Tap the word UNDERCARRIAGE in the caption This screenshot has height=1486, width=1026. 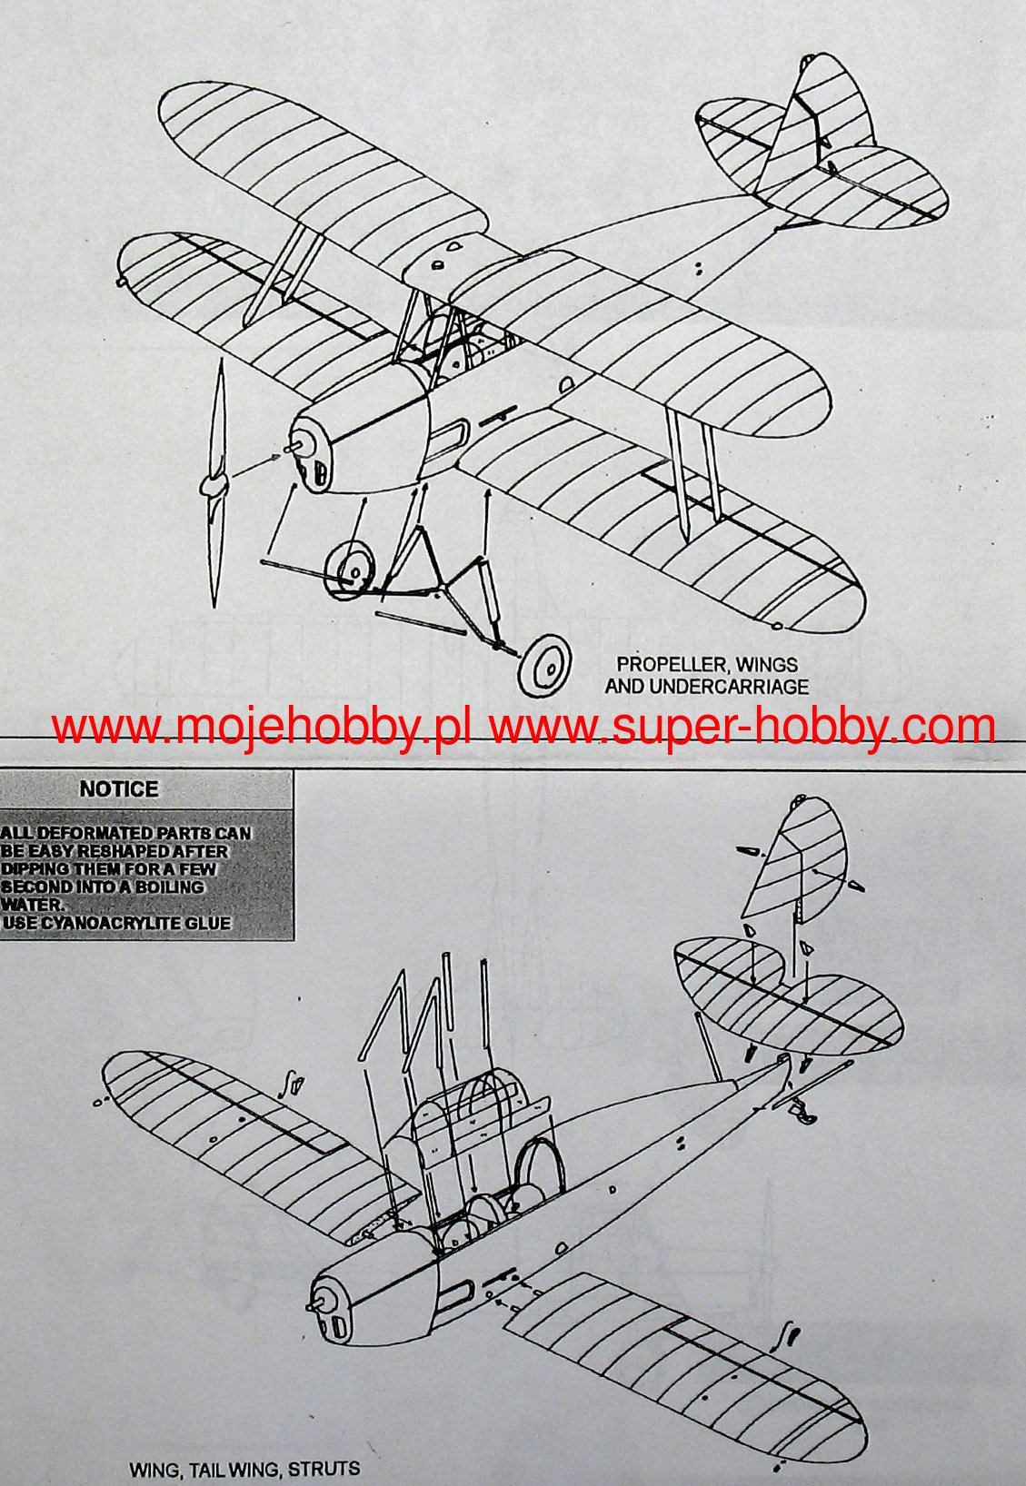[740, 687]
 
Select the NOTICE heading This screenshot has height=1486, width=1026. [119, 789]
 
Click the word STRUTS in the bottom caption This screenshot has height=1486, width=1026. [328, 1469]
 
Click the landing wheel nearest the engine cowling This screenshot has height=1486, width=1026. [350, 567]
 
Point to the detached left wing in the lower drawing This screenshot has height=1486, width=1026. [236, 1131]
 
